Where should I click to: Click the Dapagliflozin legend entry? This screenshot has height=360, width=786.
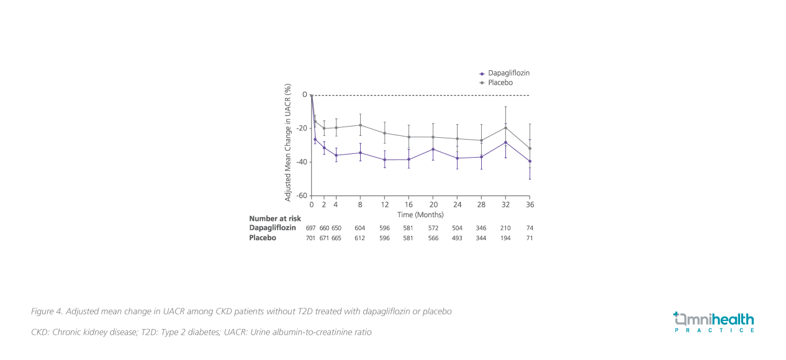[508, 73]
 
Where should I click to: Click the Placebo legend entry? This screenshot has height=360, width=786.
[500, 83]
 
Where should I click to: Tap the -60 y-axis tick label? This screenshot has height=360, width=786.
[301, 196]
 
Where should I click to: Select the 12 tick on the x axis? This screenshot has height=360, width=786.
[384, 204]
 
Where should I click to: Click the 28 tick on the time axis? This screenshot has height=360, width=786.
[481, 204]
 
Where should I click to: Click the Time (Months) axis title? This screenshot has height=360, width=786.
[420, 215]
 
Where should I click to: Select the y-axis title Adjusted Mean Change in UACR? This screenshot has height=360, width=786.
[288, 143]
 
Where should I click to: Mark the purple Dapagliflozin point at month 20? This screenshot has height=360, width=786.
[433, 149]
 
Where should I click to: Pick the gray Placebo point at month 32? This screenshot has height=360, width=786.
[505, 128]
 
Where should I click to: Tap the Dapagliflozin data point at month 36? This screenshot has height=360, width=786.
[530, 161]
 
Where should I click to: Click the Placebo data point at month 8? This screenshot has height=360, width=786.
[360, 125]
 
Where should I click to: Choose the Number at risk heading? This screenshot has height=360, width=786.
[274, 218]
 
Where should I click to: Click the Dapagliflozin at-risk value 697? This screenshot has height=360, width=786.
[311, 228]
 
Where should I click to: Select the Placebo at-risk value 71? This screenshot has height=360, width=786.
[530, 238]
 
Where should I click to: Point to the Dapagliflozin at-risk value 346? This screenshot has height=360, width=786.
[481, 228]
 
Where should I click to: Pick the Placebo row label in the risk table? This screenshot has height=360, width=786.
[263, 238]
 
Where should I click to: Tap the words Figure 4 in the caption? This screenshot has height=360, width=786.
[46, 311]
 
